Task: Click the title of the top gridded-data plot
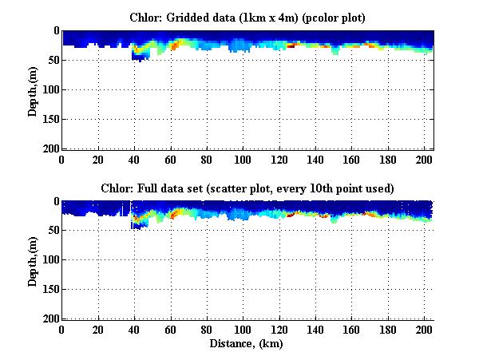[x=247, y=17]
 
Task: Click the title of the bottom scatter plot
[x=247, y=188]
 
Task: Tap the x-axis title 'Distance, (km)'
[x=247, y=344]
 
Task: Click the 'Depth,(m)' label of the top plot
[x=33, y=90]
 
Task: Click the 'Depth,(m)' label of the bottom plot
[x=33, y=261]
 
